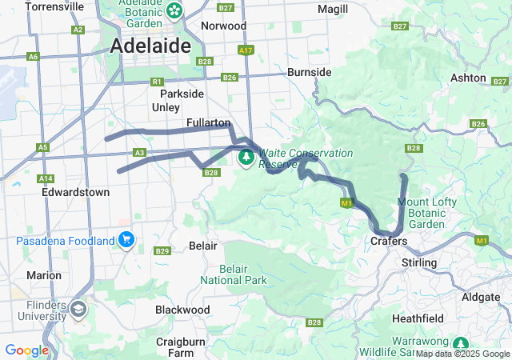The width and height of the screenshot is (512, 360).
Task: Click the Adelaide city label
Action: click(150, 46)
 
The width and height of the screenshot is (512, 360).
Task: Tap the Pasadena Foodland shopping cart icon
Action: click(126, 240)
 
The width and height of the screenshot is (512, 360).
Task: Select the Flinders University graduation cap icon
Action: click(78, 308)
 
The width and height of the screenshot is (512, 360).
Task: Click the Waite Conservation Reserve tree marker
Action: click(246, 158)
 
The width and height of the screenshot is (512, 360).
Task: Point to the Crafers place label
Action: click(390, 241)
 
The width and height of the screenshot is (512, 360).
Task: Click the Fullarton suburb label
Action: click(208, 122)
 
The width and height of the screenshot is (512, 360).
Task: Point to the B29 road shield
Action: click(162, 251)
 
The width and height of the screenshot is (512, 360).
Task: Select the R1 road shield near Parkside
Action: click(157, 81)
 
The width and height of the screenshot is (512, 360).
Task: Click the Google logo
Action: click(26, 350)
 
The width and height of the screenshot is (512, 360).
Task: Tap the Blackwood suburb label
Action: click(182, 310)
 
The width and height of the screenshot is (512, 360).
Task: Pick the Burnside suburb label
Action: click(309, 72)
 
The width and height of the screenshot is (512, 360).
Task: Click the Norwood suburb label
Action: click(223, 26)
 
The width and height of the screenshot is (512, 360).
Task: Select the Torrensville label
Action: click(54, 6)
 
